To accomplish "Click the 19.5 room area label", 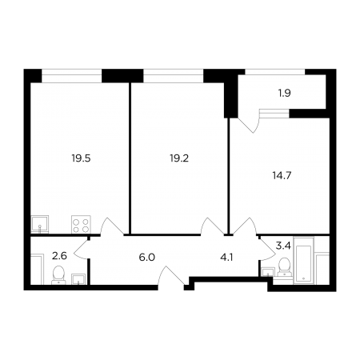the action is [x=81, y=158].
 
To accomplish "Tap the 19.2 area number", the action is [x=179, y=158].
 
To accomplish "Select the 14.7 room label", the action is [x=282, y=176].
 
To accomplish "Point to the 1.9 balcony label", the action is [x=285, y=93].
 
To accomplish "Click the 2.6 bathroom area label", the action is [x=59, y=256].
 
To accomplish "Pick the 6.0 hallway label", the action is [x=147, y=258].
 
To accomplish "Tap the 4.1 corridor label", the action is [x=227, y=258].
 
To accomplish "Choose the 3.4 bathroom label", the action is [x=283, y=246].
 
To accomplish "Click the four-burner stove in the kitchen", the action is [x=81, y=225].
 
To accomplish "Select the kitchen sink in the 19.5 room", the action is [x=40, y=225].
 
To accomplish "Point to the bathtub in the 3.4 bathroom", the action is [x=304, y=260].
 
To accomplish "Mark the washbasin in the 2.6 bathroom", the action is [x=78, y=279].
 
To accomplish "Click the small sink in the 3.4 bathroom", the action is [x=268, y=272].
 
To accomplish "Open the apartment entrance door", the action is [x=171, y=278].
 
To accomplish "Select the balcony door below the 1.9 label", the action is [x=249, y=124].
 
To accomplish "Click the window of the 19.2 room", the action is [x=174, y=76].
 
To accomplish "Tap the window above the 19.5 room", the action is [x=72, y=76].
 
